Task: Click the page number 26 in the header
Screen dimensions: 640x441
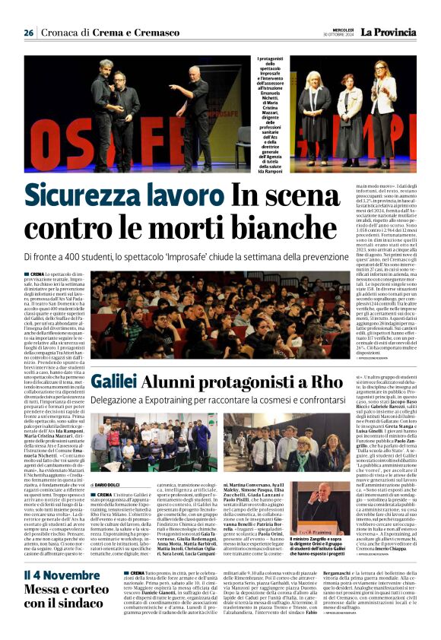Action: pyautogui.click(x=29, y=33)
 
